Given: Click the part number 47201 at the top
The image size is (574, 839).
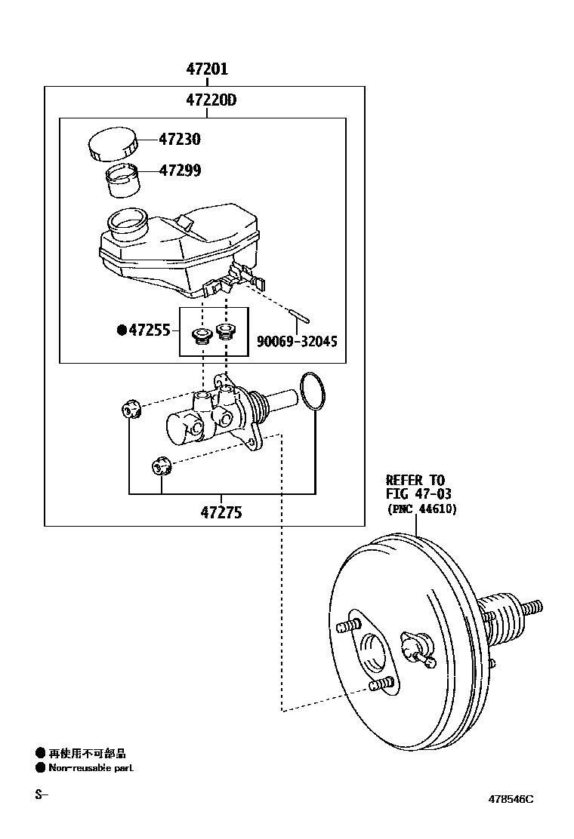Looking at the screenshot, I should (x=207, y=69).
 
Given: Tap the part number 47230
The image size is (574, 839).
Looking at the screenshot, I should (x=180, y=140).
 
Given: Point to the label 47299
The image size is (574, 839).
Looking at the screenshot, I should (x=180, y=171).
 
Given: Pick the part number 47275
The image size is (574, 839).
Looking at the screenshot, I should (x=221, y=512).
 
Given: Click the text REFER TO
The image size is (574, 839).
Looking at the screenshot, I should (x=415, y=480).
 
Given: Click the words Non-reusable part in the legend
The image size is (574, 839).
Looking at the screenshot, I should (x=91, y=768).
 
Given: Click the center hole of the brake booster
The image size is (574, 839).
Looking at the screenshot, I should (x=375, y=652).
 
